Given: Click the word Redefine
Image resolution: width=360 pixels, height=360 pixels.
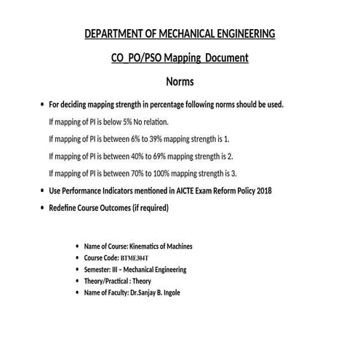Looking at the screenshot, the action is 65,208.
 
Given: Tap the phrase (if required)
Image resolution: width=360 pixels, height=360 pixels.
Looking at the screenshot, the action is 148,208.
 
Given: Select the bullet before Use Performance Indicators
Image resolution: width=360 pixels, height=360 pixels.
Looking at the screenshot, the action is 41,191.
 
